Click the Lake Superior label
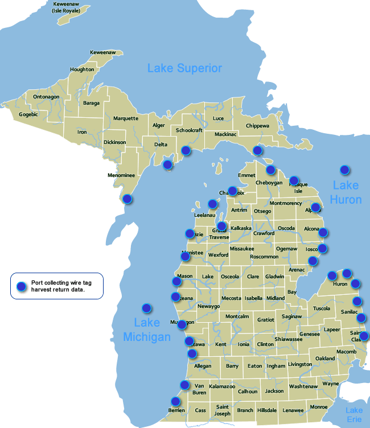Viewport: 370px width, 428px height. (x=184, y=68)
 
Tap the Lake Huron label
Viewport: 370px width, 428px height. (x=347, y=192)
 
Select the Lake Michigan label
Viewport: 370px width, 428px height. (x=147, y=330)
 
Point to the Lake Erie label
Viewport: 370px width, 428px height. (x=354, y=415)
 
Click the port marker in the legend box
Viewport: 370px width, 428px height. (x=21, y=286)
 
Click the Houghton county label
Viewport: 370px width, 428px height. (x=82, y=69)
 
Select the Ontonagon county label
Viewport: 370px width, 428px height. (x=46, y=97)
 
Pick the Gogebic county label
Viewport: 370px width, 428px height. (x=28, y=114)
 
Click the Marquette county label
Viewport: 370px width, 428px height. (x=125, y=118)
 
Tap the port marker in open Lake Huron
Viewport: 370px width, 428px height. (x=344, y=170)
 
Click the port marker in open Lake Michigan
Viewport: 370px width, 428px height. (x=147, y=308)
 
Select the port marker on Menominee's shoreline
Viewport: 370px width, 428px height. (x=128, y=199)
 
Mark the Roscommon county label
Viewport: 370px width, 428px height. (x=264, y=257)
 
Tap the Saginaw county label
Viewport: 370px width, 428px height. (x=291, y=316)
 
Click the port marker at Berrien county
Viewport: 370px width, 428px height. (x=175, y=402)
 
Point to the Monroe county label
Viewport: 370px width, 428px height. (x=318, y=407)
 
